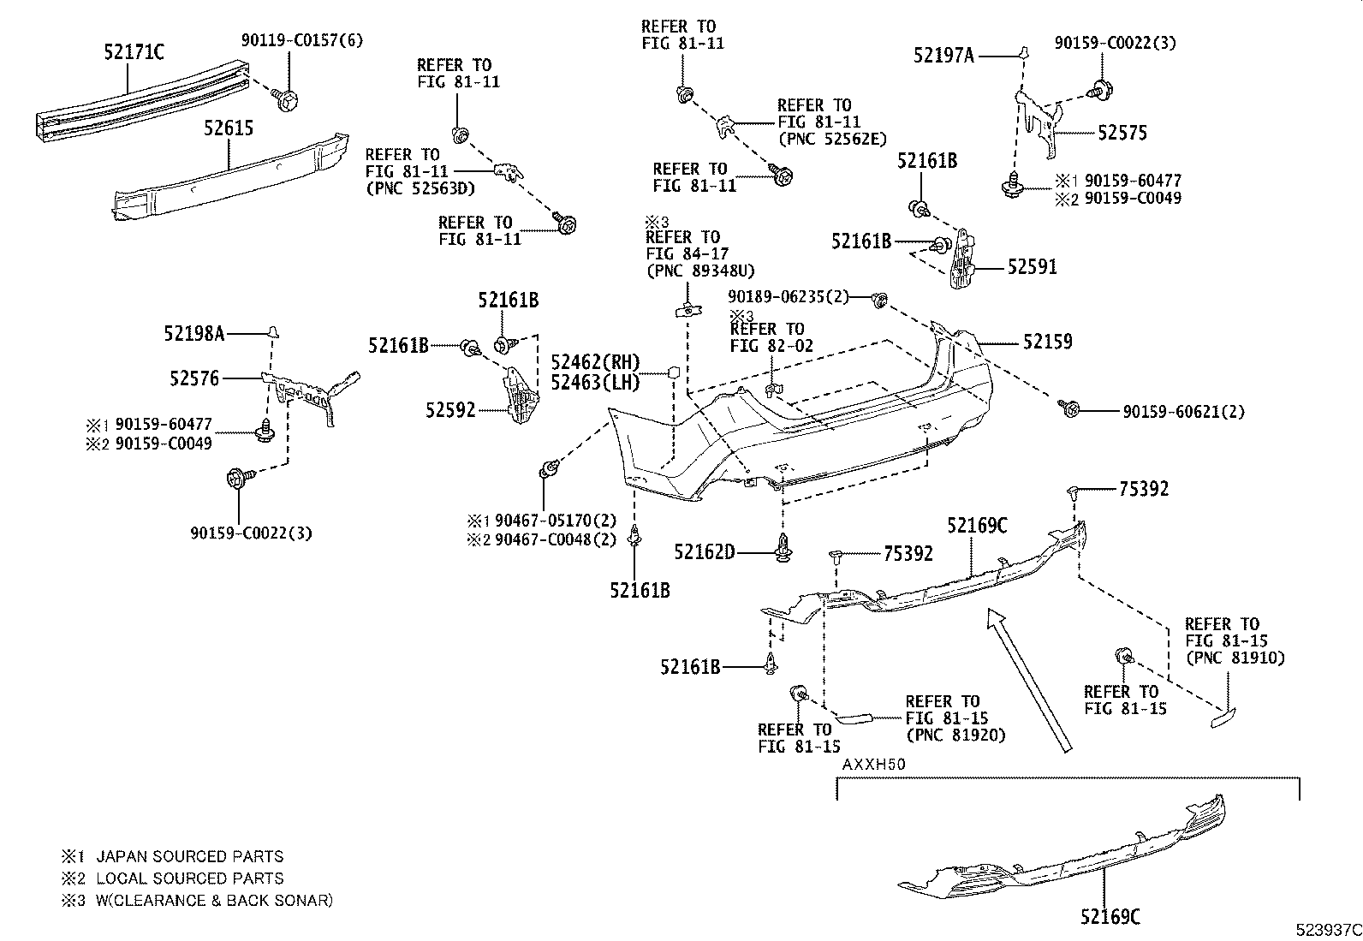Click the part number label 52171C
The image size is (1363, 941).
click(134, 52)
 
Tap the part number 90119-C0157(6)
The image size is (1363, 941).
click(301, 40)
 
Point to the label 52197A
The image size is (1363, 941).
click(943, 56)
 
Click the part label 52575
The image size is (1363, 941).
click(1122, 133)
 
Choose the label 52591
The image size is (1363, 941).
click(1032, 267)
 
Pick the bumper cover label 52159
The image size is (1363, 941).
click(1047, 342)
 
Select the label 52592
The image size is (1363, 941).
click(450, 410)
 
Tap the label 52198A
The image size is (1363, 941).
click(194, 333)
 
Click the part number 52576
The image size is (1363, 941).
click(194, 378)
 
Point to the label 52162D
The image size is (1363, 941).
click(704, 552)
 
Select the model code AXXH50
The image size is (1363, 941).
click(873, 764)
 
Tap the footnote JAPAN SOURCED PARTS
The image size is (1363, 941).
click(189, 856)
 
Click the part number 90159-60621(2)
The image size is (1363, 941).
click(1183, 412)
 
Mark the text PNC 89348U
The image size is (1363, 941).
click(699, 271)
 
